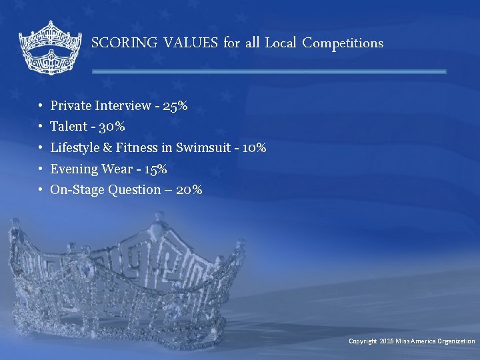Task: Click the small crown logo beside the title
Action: pyautogui.click(x=49, y=47)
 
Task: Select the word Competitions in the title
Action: pyautogui.click(x=343, y=43)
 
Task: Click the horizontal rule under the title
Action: pyautogui.click(x=269, y=71)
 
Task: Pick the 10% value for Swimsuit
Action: pyautogui.click(x=254, y=148)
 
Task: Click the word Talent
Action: pyautogui.click(x=69, y=127)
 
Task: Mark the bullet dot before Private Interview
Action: pyautogui.click(x=41, y=106)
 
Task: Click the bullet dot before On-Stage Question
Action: pyautogui.click(x=41, y=191)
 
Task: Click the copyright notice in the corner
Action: pyautogui.click(x=411, y=341)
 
